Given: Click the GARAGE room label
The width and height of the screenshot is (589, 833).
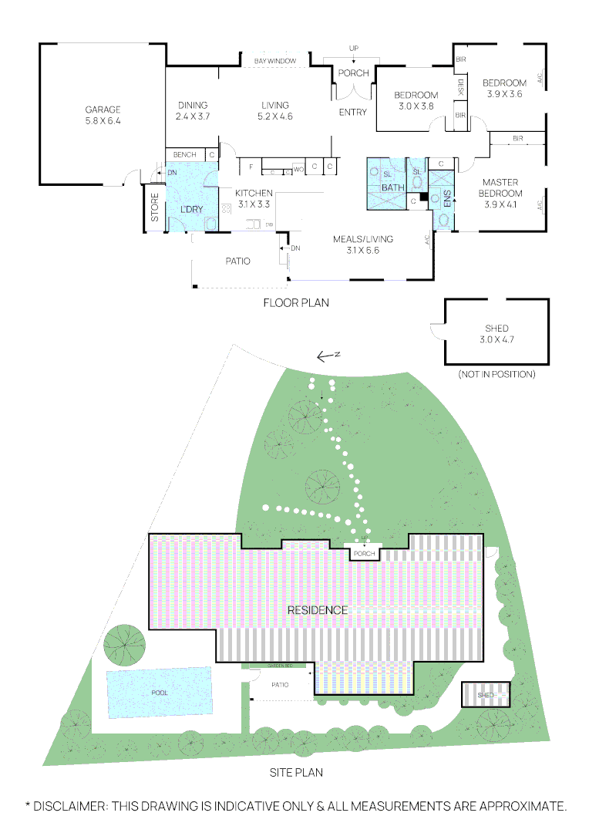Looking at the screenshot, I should pyautogui.click(x=103, y=115).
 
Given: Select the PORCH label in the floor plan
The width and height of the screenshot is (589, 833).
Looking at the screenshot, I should pyautogui.click(x=354, y=74).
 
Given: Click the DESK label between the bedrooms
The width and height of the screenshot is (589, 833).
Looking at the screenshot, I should pyautogui.click(x=461, y=86).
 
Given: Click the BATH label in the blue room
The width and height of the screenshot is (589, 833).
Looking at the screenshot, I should pyautogui.click(x=392, y=187).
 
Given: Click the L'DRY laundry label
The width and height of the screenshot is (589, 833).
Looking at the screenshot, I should pyautogui.click(x=190, y=210).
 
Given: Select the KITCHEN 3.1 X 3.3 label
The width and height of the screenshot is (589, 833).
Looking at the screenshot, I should pyautogui.click(x=254, y=197).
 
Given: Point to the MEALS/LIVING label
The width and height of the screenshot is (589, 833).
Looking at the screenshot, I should pyautogui.click(x=362, y=245).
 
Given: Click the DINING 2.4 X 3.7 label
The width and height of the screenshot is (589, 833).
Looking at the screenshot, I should pyautogui.click(x=193, y=110).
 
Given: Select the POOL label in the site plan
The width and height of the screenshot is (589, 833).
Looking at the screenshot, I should pyautogui.click(x=160, y=693).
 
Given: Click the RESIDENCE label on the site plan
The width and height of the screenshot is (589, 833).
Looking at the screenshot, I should pyautogui.click(x=317, y=610).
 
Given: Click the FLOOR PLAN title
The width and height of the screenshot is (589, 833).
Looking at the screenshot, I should pyautogui.click(x=296, y=303).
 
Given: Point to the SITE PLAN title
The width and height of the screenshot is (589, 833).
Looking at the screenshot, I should pyautogui.click(x=295, y=772).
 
